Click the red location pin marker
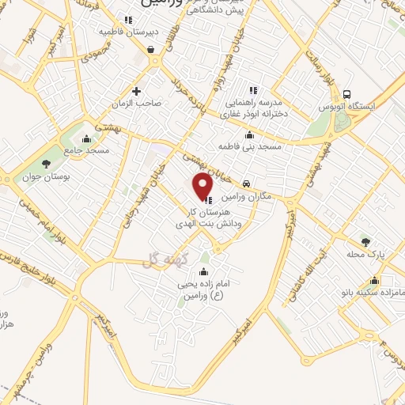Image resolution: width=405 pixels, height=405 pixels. pos(204,185)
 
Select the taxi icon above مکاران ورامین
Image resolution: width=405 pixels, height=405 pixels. pos(247,183)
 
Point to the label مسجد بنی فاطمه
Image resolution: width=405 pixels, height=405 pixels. pos(250,146)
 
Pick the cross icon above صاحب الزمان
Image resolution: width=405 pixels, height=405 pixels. pos(136,91)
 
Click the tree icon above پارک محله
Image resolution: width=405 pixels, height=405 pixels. pos(365,242)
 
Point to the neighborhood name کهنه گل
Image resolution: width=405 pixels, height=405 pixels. pos(161,259)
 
